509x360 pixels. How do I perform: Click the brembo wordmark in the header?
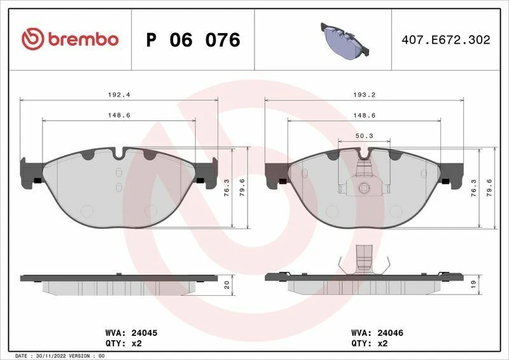pyautogui.click(x=81, y=39)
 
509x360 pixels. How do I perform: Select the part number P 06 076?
pyautogui.click(x=193, y=39)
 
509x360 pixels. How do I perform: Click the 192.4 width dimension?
pyautogui.click(x=120, y=94)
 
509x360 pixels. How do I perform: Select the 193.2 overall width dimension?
pyautogui.click(x=364, y=94)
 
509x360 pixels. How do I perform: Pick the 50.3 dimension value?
pyautogui.click(x=364, y=135)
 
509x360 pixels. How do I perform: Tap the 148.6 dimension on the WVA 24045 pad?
pyautogui.click(x=120, y=115)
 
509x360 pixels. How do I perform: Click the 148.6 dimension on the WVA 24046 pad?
pyautogui.click(x=364, y=115)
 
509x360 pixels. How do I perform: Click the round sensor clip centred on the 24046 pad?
pyautogui.click(x=364, y=188)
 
